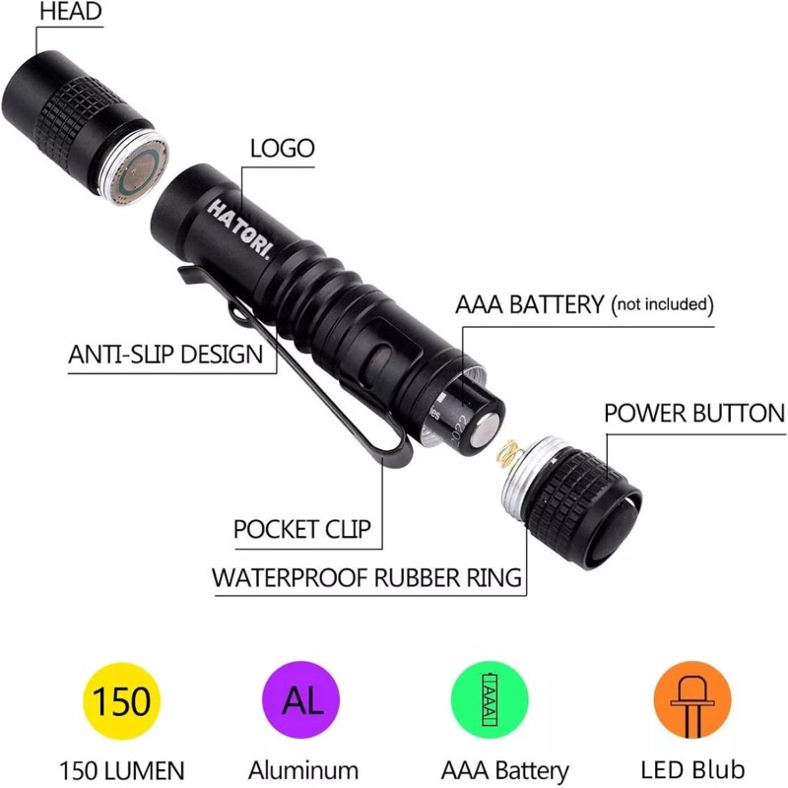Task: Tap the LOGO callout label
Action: [x=282, y=149]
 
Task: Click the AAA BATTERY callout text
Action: [x=529, y=304]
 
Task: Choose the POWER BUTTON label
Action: [x=694, y=413]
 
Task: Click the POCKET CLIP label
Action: [x=302, y=530]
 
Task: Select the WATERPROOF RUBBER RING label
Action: [x=366, y=577]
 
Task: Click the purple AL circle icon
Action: [x=302, y=702]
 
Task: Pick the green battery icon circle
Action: [x=490, y=702]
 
